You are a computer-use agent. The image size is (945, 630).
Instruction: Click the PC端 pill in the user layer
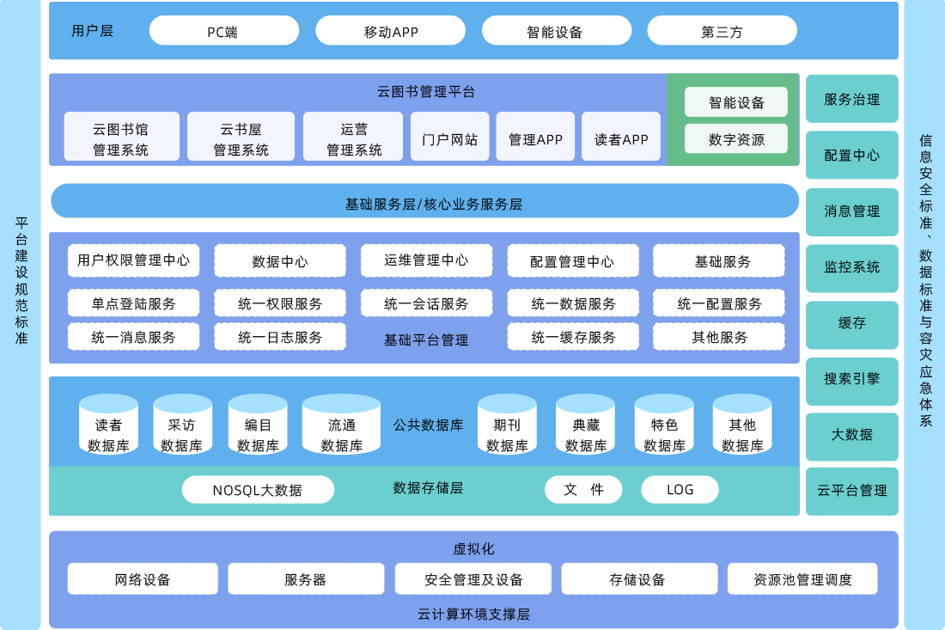pos(223,32)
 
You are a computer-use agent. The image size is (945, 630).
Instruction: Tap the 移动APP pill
pos(390,32)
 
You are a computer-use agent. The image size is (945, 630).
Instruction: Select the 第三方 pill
pos(722,32)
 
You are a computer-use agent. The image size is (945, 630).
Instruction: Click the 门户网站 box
pos(449,138)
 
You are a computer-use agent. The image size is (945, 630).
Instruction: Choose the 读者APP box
pos(621,138)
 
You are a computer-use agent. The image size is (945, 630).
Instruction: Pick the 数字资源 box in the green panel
pos(736,138)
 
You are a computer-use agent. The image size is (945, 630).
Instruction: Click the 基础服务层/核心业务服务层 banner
pos(425,203)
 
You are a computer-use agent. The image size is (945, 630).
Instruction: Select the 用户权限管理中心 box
pos(133,260)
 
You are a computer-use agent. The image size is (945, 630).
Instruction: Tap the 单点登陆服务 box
pos(133,303)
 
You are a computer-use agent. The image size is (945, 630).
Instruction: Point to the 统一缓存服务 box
pos(573,337)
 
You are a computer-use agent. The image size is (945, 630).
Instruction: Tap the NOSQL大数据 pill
pos(258,490)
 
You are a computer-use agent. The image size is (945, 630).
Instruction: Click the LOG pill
pos(680,490)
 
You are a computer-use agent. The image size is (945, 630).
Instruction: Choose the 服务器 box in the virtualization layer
pos(305,579)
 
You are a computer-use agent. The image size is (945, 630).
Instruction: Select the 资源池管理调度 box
pos(802,579)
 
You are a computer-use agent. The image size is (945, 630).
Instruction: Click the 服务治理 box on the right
pos(851,99)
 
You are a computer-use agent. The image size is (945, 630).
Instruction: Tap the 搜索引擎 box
pos(851,378)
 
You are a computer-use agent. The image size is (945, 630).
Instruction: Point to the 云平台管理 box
pos(851,490)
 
